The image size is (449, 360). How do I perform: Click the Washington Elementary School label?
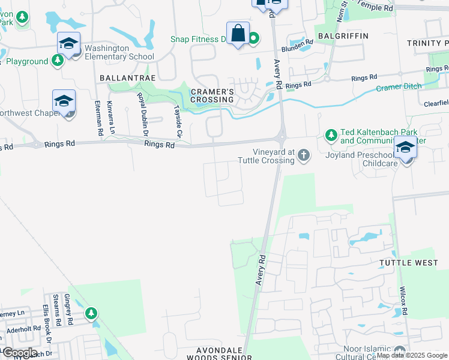119,52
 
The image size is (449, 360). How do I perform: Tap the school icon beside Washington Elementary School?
69,44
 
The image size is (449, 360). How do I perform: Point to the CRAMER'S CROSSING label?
212,95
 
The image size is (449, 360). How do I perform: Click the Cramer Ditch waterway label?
400,88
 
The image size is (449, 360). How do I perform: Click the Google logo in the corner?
20,352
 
